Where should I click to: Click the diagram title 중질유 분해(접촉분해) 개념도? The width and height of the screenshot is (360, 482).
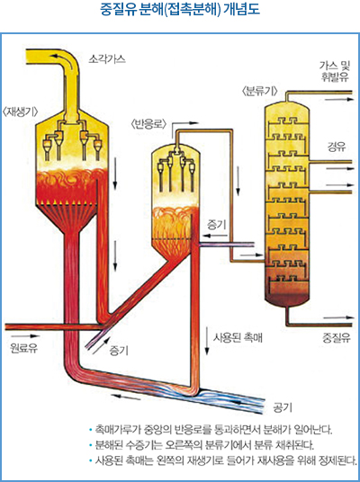[x=180, y=10]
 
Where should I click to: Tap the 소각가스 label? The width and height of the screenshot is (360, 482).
[x=107, y=58]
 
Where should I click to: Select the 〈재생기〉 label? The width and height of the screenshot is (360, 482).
[x=20, y=112]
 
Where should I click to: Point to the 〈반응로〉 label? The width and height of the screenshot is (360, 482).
[x=148, y=124]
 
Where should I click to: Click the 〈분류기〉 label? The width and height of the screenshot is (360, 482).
[x=260, y=92]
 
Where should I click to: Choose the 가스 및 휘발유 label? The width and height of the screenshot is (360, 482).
[x=335, y=71]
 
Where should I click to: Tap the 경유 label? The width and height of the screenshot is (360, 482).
[x=337, y=147]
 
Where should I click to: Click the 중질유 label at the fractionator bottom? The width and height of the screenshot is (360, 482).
[x=337, y=338]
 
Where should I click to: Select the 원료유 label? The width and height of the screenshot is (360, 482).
[x=23, y=348]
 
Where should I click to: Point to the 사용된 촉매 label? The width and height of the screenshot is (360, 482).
[x=238, y=337]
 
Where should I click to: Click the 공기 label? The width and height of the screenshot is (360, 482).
[x=283, y=407]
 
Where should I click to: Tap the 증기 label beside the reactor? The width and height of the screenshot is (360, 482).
[x=216, y=226]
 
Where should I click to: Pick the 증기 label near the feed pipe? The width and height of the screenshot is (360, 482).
[x=119, y=351]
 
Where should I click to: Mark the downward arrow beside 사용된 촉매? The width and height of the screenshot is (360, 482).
[x=207, y=342]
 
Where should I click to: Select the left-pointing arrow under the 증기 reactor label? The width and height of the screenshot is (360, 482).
[x=216, y=237]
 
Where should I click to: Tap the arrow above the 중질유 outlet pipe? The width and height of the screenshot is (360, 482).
[x=337, y=317]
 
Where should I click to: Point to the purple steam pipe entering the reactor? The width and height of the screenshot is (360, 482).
[x=227, y=245]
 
